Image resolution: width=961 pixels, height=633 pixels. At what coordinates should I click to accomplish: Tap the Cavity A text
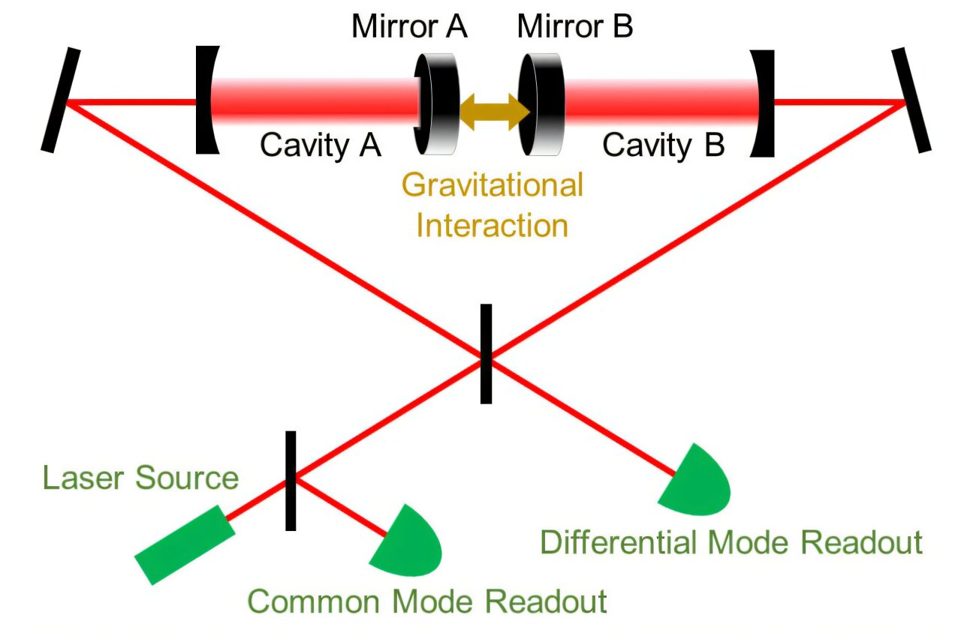pyautogui.click(x=321, y=145)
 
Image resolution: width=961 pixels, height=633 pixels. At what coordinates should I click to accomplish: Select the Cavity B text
pyautogui.click(x=664, y=145)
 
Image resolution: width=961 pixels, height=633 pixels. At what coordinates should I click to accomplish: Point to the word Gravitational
pyautogui.click(x=493, y=185)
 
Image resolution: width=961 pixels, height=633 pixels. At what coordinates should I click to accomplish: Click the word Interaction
pyautogui.click(x=493, y=225)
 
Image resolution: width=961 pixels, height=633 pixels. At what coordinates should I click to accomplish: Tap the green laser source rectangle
pyautogui.click(x=185, y=544)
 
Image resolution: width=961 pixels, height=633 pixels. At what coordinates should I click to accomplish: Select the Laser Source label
pyautogui.click(x=140, y=478)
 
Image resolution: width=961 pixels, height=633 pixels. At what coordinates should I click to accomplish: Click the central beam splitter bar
pyautogui.click(x=486, y=353)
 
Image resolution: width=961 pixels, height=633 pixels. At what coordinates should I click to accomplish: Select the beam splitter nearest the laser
pyautogui.click(x=291, y=481)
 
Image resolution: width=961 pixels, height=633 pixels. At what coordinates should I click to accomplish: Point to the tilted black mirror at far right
pyautogui.click(x=911, y=100)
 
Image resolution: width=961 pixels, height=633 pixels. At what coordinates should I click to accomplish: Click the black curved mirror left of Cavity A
pyautogui.click(x=205, y=100)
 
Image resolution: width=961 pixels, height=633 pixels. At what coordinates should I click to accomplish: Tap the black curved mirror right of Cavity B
pyautogui.click(x=764, y=103)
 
